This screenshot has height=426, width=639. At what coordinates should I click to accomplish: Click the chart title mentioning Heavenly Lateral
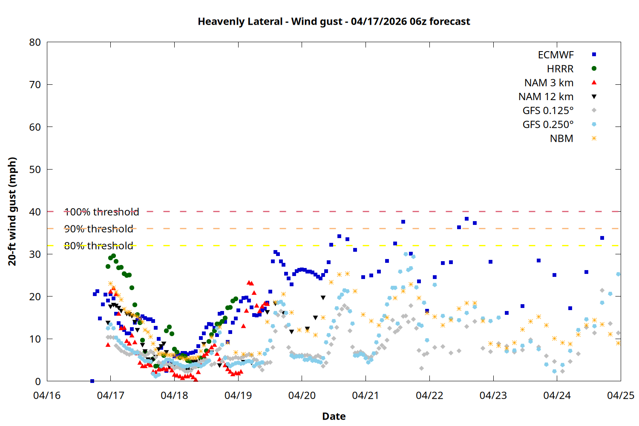334,21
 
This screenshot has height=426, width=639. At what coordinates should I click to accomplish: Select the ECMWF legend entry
556,55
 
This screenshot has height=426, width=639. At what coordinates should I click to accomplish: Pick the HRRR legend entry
560,69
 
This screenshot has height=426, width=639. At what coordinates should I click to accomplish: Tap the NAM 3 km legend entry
549,83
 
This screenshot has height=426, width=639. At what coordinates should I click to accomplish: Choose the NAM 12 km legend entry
546,97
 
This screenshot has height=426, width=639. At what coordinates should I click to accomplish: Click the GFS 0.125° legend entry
548,111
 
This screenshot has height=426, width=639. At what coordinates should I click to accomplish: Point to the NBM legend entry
561,138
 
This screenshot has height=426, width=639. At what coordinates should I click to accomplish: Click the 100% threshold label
101,212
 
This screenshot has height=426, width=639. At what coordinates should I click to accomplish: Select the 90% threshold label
98,229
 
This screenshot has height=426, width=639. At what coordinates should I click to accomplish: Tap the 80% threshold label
98,246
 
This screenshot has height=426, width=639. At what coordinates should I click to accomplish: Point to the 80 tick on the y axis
35,42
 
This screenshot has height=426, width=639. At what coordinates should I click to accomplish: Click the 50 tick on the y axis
35,169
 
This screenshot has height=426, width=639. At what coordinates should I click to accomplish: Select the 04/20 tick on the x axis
302,395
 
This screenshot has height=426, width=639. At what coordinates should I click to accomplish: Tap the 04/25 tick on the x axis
620,395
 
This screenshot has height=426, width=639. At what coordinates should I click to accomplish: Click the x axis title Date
334,416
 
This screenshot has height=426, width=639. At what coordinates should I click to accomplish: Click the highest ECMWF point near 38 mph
466,219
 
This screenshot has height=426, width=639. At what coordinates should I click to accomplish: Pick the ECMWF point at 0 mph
92,381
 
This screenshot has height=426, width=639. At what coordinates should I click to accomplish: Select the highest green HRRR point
113,256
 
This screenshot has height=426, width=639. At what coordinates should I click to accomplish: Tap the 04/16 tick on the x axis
47,395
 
